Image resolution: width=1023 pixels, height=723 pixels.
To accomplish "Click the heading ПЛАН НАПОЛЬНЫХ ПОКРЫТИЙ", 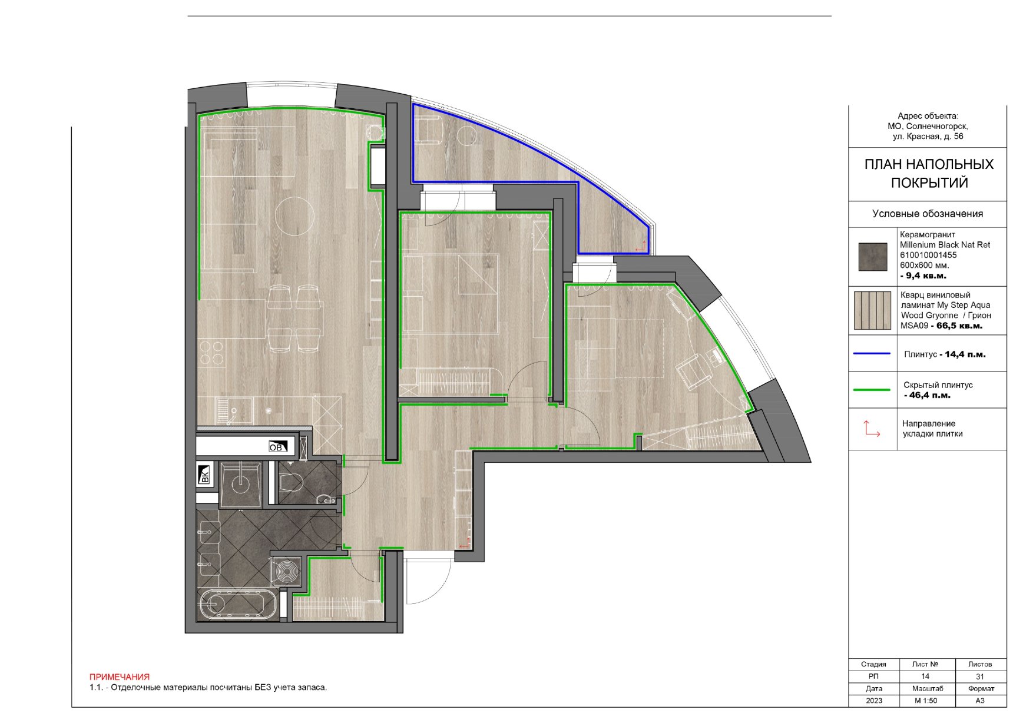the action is [x=929, y=173].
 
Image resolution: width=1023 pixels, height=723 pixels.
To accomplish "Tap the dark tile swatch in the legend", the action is [x=873, y=257].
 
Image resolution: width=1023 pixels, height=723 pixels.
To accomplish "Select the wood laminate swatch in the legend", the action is [x=873, y=310].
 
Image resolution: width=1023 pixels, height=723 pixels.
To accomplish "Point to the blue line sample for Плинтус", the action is [x=872, y=354].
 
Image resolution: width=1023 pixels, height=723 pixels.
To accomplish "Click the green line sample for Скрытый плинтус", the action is [x=872, y=390].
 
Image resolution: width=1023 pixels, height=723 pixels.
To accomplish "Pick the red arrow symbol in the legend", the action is [x=872, y=429].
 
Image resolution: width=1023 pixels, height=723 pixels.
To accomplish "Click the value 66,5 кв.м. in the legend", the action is [x=959, y=326].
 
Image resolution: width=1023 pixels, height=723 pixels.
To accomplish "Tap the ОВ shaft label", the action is [x=276, y=447].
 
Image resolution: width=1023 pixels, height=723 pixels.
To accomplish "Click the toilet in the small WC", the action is [x=290, y=483].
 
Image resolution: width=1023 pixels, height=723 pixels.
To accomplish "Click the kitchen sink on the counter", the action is [x=234, y=410].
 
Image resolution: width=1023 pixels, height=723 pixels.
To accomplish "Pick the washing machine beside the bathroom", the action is [x=286, y=571].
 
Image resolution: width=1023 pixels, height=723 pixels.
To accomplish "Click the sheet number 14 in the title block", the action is [x=925, y=676].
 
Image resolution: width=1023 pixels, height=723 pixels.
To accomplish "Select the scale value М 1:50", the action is [x=926, y=701].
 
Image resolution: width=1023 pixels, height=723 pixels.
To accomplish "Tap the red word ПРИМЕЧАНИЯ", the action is [x=120, y=677].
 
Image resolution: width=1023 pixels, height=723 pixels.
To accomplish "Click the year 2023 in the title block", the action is [x=874, y=701].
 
